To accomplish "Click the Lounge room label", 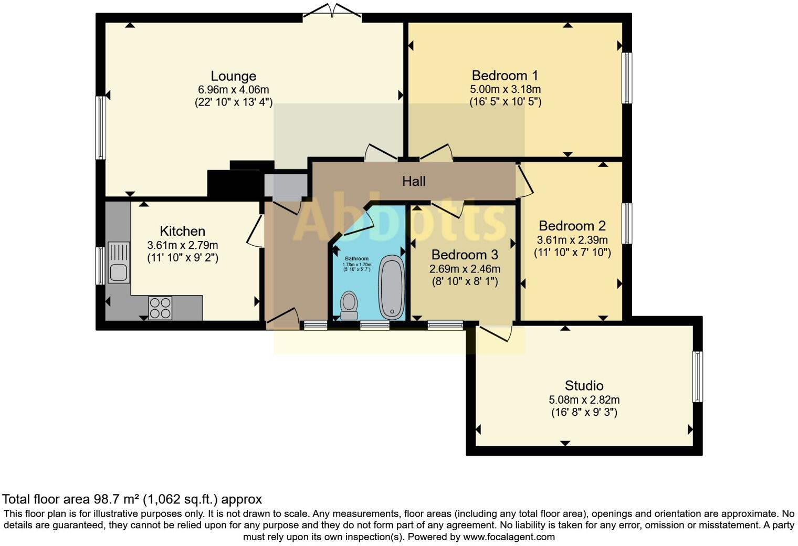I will click(x=233, y=76).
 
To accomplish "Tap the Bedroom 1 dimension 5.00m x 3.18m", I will click(x=505, y=89).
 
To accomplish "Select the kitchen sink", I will click(x=118, y=262).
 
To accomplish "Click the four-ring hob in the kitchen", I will click(x=160, y=308).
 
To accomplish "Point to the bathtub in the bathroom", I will click(x=392, y=287).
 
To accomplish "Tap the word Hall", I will click(x=414, y=182).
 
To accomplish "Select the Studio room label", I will click(x=584, y=386).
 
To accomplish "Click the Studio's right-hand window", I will click(x=697, y=376).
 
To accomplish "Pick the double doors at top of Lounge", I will click(x=332, y=12).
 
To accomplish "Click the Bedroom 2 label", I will click(x=572, y=226).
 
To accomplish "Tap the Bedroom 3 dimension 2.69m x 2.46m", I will click(x=465, y=269).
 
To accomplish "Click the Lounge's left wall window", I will click(x=100, y=128).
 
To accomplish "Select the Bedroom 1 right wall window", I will click(x=626, y=78).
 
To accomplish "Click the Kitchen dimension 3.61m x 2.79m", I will click(x=182, y=245).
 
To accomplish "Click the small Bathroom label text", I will click(x=356, y=259).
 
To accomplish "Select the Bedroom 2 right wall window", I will click(x=626, y=224).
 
